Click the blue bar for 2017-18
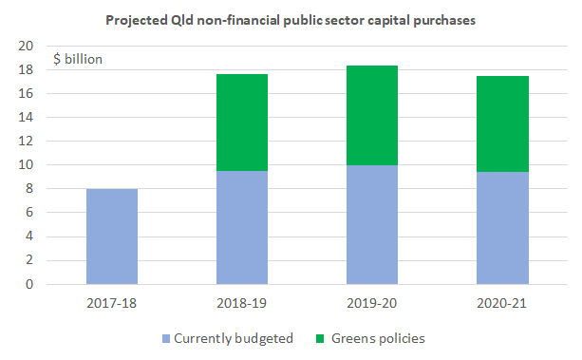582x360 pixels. pyautogui.click(x=111, y=237)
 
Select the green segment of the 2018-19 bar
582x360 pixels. pyautogui.click(x=241, y=123)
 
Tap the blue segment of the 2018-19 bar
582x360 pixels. pyautogui.click(x=241, y=227)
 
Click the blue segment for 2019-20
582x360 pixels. pyautogui.click(x=371, y=224)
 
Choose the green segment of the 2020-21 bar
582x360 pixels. pyautogui.click(x=501, y=123)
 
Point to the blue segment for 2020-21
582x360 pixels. pyautogui.click(x=501, y=228)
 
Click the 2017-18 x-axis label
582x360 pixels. pyautogui.click(x=111, y=303)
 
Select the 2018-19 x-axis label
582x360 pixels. pyautogui.click(x=241, y=303)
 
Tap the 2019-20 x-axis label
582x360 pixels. pyautogui.click(x=371, y=303)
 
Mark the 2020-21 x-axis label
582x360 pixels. pyautogui.click(x=501, y=303)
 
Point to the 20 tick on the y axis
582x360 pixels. pyautogui.click(x=28, y=47)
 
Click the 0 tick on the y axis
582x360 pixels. pyautogui.click(x=31, y=284)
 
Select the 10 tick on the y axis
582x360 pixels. pyautogui.click(x=28, y=165)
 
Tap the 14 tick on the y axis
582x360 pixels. pyautogui.click(x=28, y=118)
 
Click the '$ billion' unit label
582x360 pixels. pyautogui.click(x=78, y=59)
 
